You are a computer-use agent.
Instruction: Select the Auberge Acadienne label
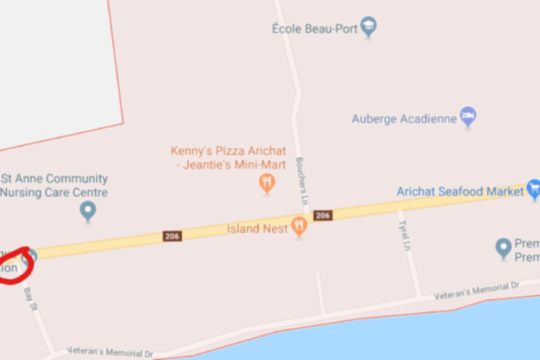(x=404, y=119)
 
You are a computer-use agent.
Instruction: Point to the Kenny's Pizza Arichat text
(x=228, y=151)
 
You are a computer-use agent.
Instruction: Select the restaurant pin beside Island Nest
(x=299, y=226)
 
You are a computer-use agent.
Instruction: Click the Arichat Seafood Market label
(x=460, y=191)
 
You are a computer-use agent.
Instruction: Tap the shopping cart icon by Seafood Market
(x=533, y=188)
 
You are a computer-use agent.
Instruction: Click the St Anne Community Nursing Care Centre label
(x=55, y=185)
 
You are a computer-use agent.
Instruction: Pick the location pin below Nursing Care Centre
(x=88, y=211)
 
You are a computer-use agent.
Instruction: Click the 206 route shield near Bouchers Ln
(x=323, y=215)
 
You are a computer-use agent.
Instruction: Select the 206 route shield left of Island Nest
(x=172, y=236)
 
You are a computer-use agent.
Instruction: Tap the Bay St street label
(x=30, y=298)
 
